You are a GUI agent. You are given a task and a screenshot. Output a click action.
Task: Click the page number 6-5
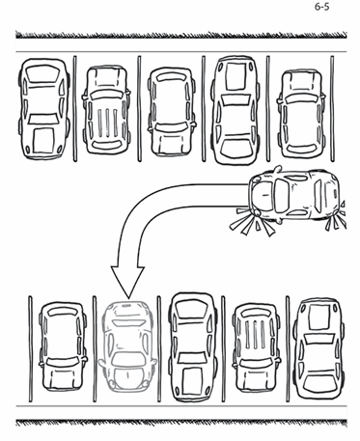[321, 7]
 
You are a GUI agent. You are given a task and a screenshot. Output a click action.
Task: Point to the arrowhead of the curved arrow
[127, 281]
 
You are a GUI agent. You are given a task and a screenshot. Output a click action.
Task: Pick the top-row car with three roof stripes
[106, 109]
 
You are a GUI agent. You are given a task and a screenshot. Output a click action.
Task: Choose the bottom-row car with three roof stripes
[256, 348]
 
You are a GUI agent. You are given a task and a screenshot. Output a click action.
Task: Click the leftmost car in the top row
[44, 108]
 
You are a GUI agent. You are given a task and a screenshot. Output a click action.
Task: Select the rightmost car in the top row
[301, 114]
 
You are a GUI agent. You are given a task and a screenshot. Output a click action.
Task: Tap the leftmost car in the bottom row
[63, 345]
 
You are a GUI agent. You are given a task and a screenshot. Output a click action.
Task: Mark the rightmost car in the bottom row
[320, 347]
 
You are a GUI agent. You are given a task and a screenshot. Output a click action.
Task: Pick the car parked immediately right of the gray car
[192, 347]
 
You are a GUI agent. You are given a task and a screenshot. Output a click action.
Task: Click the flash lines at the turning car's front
[252, 222]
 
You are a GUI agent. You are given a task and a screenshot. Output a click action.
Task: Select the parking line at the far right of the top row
[332, 108]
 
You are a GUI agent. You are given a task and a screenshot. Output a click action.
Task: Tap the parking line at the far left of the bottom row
[31, 348]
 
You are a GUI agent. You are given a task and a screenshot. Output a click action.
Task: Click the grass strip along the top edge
[181, 35]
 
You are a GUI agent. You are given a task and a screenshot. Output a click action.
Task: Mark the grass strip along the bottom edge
[181, 423]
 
